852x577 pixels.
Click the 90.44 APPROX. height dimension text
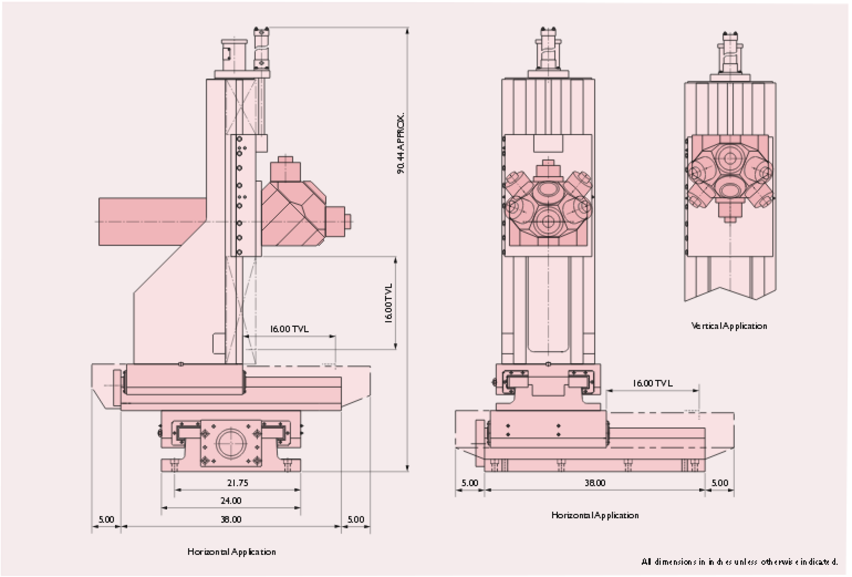(x=401, y=143)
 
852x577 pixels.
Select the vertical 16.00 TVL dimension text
(x=389, y=303)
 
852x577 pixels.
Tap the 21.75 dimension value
(x=238, y=483)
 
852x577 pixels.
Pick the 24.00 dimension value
(x=231, y=500)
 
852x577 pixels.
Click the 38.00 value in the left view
(x=231, y=519)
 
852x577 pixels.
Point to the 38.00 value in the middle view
(x=595, y=483)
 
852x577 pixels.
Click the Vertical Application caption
(x=729, y=326)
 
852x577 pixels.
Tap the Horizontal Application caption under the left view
(x=231, y=552)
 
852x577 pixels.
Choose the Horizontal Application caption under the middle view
(x=595, y=515)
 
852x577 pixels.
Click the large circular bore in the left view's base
(x=231, y=443)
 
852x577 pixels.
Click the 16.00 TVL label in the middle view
(x=652, y=383)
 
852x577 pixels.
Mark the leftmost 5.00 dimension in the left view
(x=106, y=519)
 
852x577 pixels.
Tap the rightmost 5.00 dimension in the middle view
(x=720, y=483)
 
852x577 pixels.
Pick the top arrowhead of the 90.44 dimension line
(x=407, y=31)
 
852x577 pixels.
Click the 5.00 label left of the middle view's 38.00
(x=470, y=483)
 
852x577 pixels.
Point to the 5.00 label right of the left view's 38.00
(x=356, y=519)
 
